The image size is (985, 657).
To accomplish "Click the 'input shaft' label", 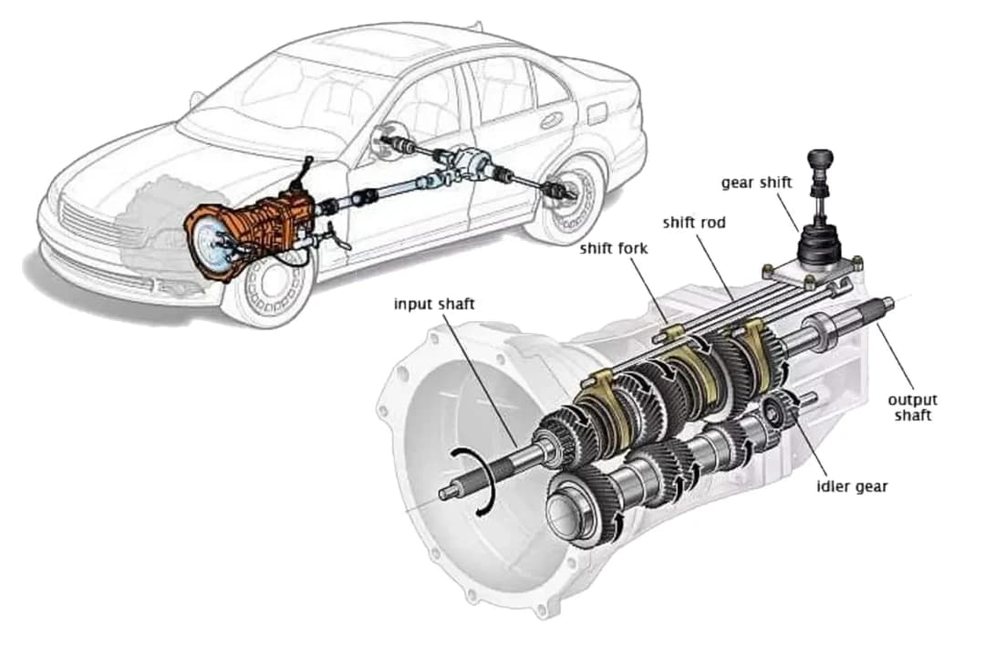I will point(434,304).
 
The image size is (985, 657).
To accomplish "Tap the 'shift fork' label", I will point(614,249).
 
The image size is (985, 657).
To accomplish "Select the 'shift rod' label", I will point(694,222).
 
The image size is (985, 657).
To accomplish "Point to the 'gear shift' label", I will point(756,182).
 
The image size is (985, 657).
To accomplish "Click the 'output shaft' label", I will point(912,407).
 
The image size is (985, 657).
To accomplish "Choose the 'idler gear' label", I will point(851,486).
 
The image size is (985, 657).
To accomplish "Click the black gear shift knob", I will point(824,161).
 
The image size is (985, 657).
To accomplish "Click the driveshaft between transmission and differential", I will point(383,193).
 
